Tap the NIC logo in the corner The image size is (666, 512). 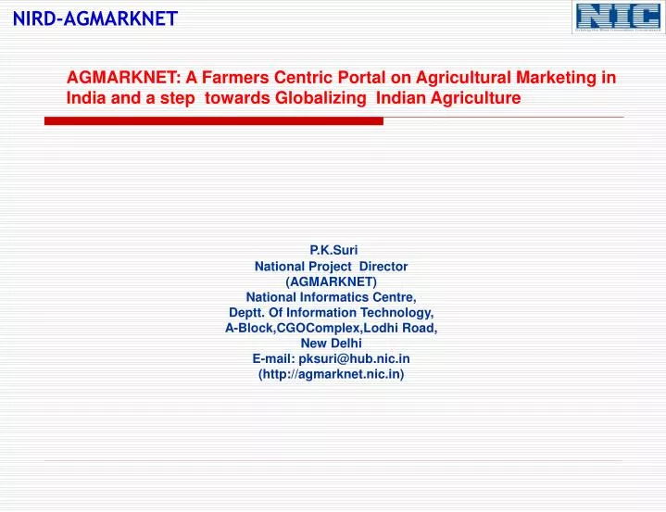click(x=617, y=18)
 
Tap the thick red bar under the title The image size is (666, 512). click(x=213, y=121)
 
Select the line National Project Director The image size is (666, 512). click(x=332, y=266)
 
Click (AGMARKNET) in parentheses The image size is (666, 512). click(x=332, y=281)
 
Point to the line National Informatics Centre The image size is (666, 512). click(x=332, y=297)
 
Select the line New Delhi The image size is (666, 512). click(x=332, y=343)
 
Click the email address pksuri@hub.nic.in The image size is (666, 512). click(x=355, y=359)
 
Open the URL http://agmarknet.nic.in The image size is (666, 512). click(x=332, y=375)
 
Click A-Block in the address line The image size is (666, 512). click(x=246, y=329)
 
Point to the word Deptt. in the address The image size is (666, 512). click(x=247, y=313)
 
